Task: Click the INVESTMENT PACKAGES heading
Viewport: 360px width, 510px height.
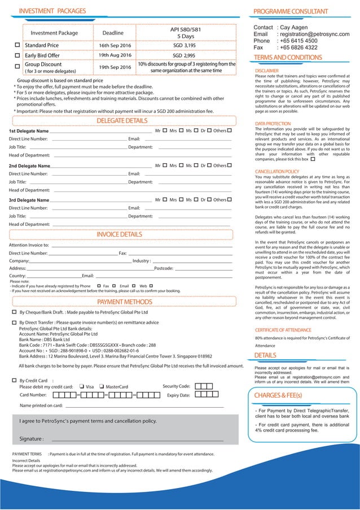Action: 52,11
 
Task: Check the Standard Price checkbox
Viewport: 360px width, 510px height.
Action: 17,45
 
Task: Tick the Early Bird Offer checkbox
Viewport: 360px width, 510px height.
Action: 17,56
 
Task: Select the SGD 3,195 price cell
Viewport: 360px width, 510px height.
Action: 185,45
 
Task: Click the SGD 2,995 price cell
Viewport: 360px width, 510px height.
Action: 185,56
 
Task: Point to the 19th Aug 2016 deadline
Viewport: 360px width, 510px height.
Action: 115,55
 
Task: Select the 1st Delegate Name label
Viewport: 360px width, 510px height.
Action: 29,132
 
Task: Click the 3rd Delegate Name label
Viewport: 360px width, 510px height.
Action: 29,200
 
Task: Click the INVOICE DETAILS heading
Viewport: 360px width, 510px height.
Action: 120,234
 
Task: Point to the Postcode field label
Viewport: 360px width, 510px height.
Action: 164,268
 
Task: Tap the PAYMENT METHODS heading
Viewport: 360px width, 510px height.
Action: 125,302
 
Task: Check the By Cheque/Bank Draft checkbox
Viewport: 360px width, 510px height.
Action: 14,312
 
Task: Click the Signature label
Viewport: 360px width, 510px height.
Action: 32,439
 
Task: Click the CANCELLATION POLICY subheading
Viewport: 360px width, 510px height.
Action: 277,171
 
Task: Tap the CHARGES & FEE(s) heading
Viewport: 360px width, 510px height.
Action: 278,394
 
